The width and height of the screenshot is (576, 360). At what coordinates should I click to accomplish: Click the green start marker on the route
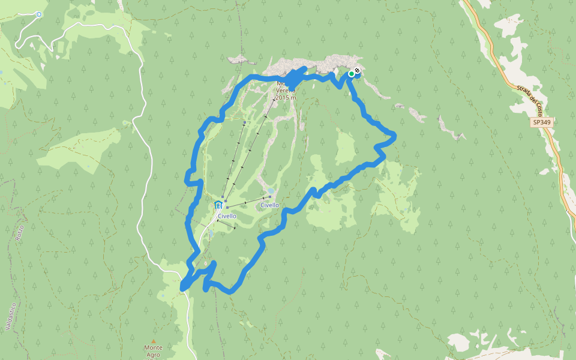(352, 74)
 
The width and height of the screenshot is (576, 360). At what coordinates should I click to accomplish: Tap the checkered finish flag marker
(357, 71)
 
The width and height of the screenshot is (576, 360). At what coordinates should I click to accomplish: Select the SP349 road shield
(541, 122)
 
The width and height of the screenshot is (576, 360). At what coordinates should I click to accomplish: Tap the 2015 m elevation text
(286, 97)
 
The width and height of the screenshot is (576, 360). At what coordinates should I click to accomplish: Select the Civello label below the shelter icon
(227, 216)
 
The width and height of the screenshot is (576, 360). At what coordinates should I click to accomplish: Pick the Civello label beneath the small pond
(269, 205)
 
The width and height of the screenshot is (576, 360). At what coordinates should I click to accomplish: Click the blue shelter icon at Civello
(218, 206)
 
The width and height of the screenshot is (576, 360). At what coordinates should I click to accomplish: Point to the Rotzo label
(22, 232)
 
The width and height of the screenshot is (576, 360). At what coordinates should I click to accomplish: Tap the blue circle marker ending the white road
(39, 14)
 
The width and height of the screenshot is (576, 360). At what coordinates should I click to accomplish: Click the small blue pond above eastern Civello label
(271, 191)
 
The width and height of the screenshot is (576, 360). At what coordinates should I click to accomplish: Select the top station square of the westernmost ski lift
(245, 122)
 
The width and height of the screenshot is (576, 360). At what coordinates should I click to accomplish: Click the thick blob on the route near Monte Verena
(293, 78)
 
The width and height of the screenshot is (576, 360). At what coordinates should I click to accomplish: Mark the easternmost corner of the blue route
(394, 137)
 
